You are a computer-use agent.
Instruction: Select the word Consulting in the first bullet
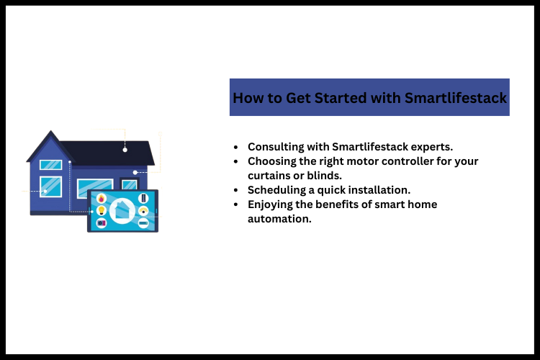[276, 146]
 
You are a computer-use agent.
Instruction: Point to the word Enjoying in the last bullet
[271, 204]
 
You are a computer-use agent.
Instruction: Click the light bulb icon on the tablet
[101, 210]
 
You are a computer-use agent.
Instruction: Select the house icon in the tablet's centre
[122, 211]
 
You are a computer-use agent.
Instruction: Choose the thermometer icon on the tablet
[143, 198]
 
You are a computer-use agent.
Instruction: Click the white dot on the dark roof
[125, 150]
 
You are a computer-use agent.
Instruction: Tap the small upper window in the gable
[50, 164]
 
